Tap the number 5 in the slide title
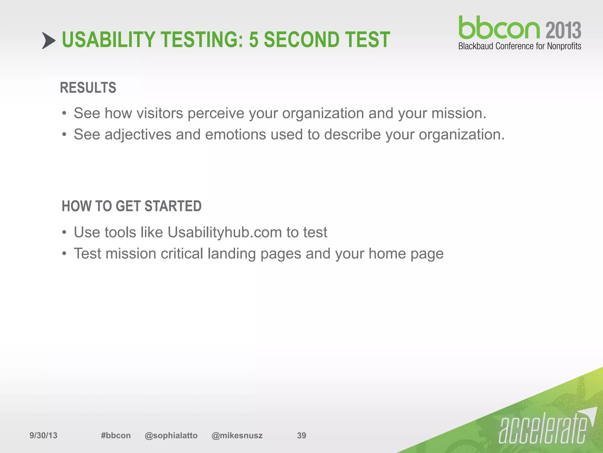253,40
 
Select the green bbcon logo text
499,28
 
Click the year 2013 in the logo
563,30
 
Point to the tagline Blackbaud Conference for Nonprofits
520,46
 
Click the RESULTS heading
88,88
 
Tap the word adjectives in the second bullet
138,135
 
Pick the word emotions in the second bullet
236,135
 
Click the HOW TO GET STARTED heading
132,206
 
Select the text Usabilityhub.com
225,232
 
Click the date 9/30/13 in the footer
43,436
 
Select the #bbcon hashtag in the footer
116,436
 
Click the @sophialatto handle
171,436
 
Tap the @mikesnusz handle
237,436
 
